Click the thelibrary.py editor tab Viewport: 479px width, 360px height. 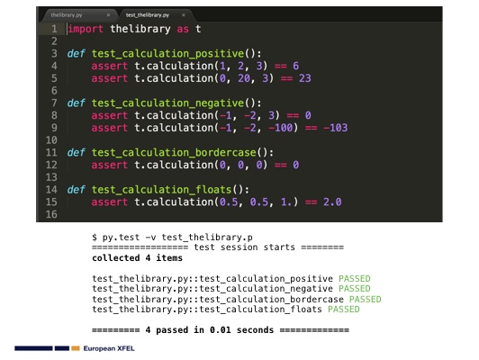pos(78,15)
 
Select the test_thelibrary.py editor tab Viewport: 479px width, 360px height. pos(154,15)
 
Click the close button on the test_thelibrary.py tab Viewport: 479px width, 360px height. pos(184,15)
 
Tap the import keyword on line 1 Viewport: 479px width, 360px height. pos(86,29)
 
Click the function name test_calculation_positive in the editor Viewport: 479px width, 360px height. pos(167,54)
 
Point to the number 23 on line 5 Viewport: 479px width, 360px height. pos(305,78)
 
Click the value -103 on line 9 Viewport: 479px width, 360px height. pos(336,128)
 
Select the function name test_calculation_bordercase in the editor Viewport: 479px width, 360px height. pos(174,152)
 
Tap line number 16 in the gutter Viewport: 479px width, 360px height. pos(51,214)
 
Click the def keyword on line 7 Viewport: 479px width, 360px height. pos(76,103)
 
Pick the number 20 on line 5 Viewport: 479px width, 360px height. pos(244,78)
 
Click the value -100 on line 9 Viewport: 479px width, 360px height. pos(281,128)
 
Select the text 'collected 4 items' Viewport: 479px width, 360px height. pos(137,258)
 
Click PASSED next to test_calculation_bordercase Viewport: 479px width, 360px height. pos(365,299)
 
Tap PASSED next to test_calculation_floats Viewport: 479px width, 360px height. pos(344,310)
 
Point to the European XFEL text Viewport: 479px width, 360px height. pos(109,348)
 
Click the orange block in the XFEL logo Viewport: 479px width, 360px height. pos(76,348)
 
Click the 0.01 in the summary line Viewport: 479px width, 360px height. pos(221,330)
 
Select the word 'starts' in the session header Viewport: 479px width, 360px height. pos(279,247)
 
